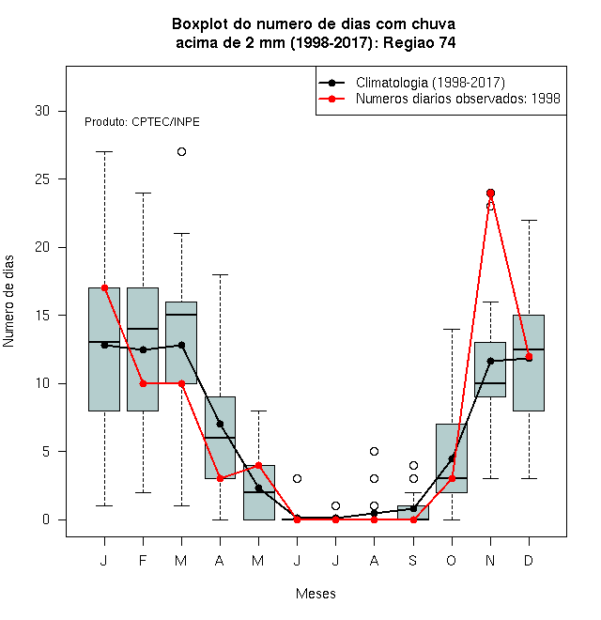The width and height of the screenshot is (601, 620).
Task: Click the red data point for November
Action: point(490,193)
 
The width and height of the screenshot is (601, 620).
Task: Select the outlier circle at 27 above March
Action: point(181,152)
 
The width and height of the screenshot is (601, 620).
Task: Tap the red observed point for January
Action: point(104,287)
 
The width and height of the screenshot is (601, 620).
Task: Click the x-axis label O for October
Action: point(451,560)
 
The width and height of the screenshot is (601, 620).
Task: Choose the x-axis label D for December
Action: point(529,560)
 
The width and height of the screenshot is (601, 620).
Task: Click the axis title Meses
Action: point(316,594)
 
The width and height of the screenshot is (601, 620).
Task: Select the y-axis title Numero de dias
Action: point(8,302)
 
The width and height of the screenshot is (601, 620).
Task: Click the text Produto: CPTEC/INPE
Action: point(142,122)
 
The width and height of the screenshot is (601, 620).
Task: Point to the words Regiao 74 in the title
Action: point(420,42)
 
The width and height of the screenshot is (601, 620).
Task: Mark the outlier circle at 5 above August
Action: point(374,452)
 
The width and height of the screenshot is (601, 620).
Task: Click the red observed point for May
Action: point(258,465)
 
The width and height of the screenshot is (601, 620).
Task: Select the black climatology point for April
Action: point(221,425)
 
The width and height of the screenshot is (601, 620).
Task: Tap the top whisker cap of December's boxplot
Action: point(529,220)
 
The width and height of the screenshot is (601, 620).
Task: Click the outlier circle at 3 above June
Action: point(297,479)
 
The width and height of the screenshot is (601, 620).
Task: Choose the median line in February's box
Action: point(143,329)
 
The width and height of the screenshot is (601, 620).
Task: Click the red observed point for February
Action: point(143,383)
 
